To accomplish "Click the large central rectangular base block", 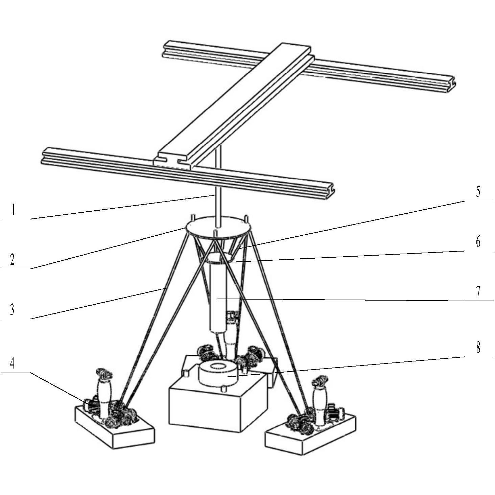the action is tap(218, 408).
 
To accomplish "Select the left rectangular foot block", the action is tap(114, 428).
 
